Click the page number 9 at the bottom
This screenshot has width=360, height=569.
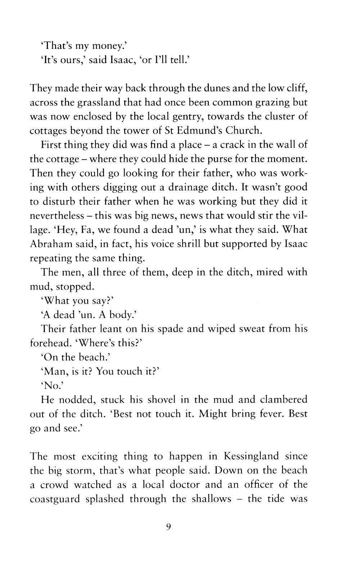click(x=168, y=527)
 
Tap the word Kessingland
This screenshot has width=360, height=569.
click(x=251, y=456)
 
